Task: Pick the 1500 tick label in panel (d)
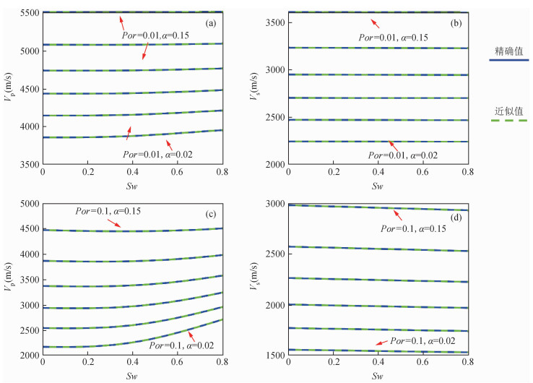(x=273, y=356)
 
